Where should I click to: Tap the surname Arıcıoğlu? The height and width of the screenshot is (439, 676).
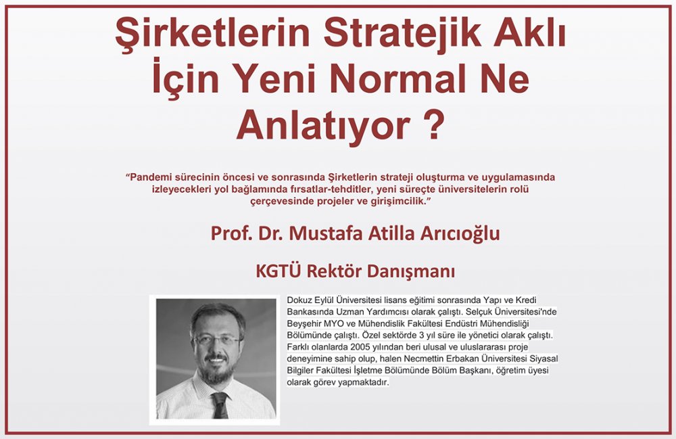point(456,234)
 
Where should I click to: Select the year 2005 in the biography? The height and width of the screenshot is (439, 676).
point(360,347)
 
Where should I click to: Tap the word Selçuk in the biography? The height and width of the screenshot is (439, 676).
point(479,312)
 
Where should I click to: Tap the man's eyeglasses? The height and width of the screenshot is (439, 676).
point(217,340)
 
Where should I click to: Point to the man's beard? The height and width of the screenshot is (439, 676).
point(217,371)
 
